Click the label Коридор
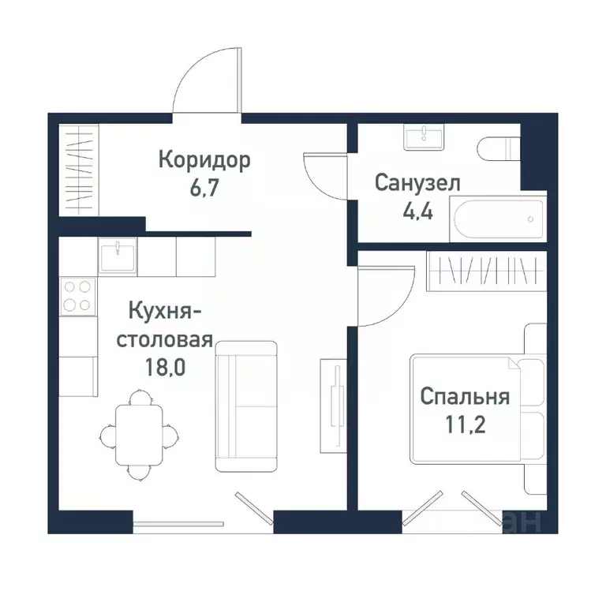pos(204,161)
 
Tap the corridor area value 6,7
pos(204,190)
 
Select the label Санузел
pos(417,184)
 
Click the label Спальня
pos(465,395)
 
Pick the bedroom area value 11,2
pos(465,425)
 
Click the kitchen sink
pos(117,256)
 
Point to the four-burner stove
pos(77,296)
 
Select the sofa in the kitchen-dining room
pos(246,406)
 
